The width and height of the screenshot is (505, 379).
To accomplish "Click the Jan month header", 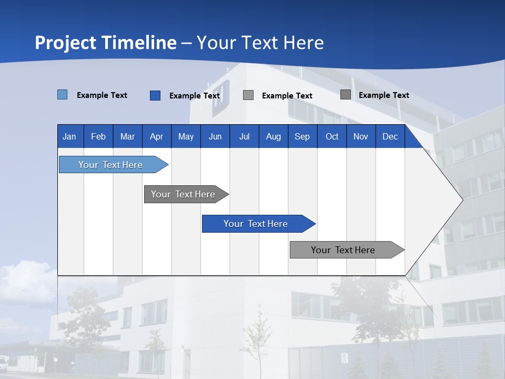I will (69, 137).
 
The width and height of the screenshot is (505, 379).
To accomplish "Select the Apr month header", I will (156, 137).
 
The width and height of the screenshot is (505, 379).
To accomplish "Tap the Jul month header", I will (244, 137).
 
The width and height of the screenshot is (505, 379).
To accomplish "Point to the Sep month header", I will (302, 137).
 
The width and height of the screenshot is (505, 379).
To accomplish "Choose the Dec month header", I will (390, 137).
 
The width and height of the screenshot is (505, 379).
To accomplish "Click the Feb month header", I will (98, 137).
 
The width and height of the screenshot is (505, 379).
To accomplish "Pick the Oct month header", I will (332, 137).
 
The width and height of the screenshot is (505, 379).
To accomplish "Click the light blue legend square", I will (63, 95).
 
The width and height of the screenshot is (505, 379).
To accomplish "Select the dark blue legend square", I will (155, 95).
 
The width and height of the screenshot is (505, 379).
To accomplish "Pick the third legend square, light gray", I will (248, 95).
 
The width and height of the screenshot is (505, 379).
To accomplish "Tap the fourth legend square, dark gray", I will (346, 95).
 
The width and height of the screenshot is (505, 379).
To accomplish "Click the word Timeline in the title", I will (139, 43).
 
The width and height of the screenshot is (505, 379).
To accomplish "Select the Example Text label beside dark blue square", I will (195, 96).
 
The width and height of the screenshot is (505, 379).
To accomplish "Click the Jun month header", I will (215, 137).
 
